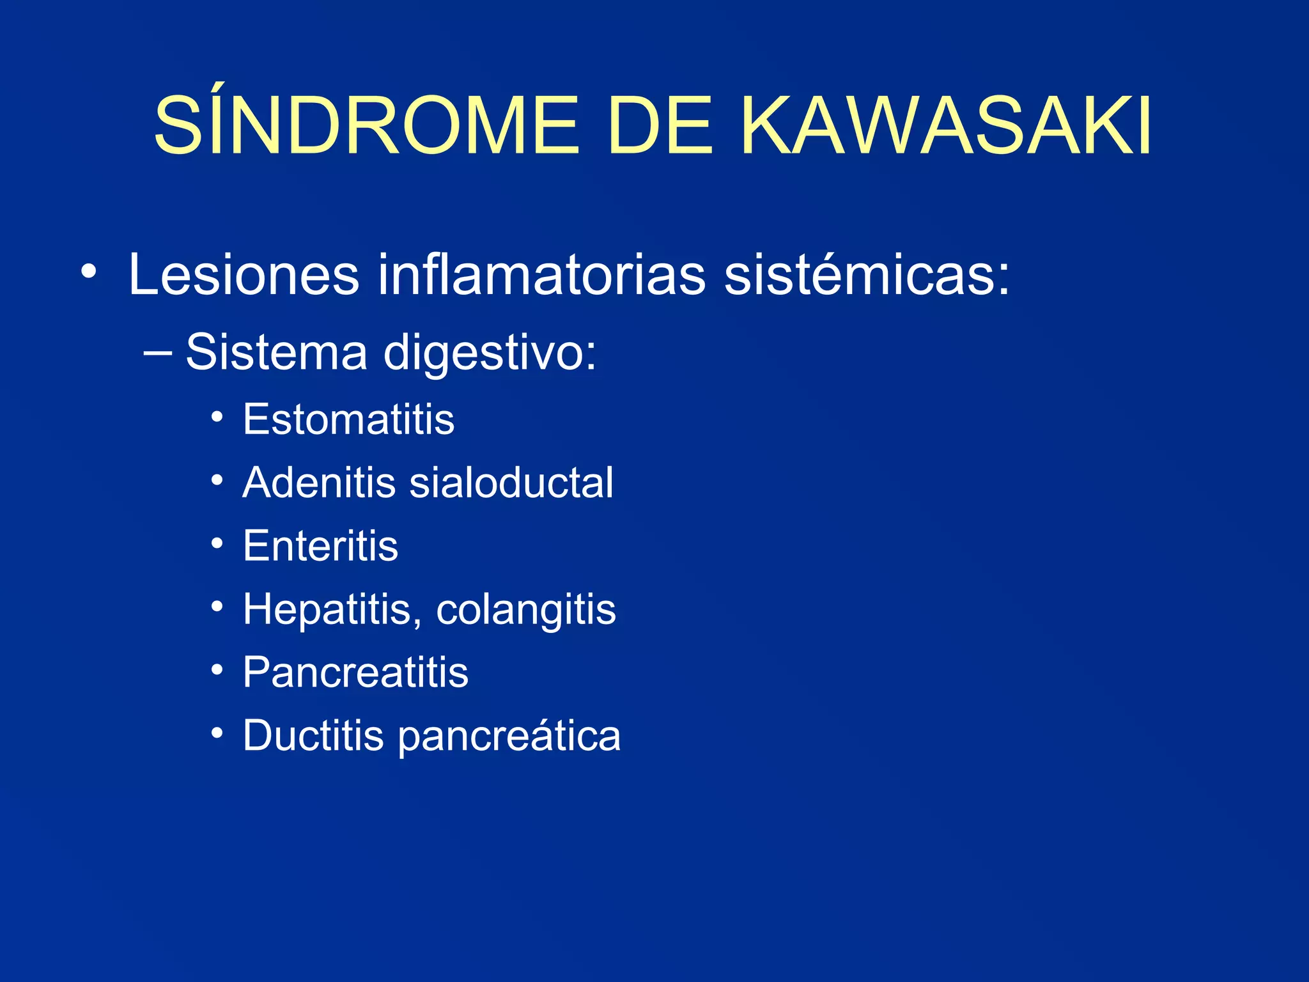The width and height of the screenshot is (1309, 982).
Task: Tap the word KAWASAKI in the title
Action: (x=947, y=125)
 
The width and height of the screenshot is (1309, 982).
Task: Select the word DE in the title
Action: (x=660, y=125)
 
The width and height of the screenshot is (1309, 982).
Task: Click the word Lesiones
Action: (x=244, y=274)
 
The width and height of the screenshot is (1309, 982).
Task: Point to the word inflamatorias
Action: (x=541, y=274)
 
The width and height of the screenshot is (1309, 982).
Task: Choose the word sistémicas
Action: (x=867, y=274)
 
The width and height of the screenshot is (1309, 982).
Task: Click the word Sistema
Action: (x=276, y=352)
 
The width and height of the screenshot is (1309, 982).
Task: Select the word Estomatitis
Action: (x=348, y=419)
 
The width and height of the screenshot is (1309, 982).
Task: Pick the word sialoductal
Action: (x=511, y=482)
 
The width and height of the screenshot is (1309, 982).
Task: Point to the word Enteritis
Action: (x=320, y=545)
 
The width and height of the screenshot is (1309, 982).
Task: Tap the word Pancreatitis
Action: (x=355, y=672)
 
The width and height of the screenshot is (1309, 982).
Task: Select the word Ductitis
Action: (x=313, y=735)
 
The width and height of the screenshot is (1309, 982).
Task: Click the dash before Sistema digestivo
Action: (x=158, y=352)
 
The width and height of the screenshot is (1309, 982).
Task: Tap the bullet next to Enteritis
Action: (x=217, y=543)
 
